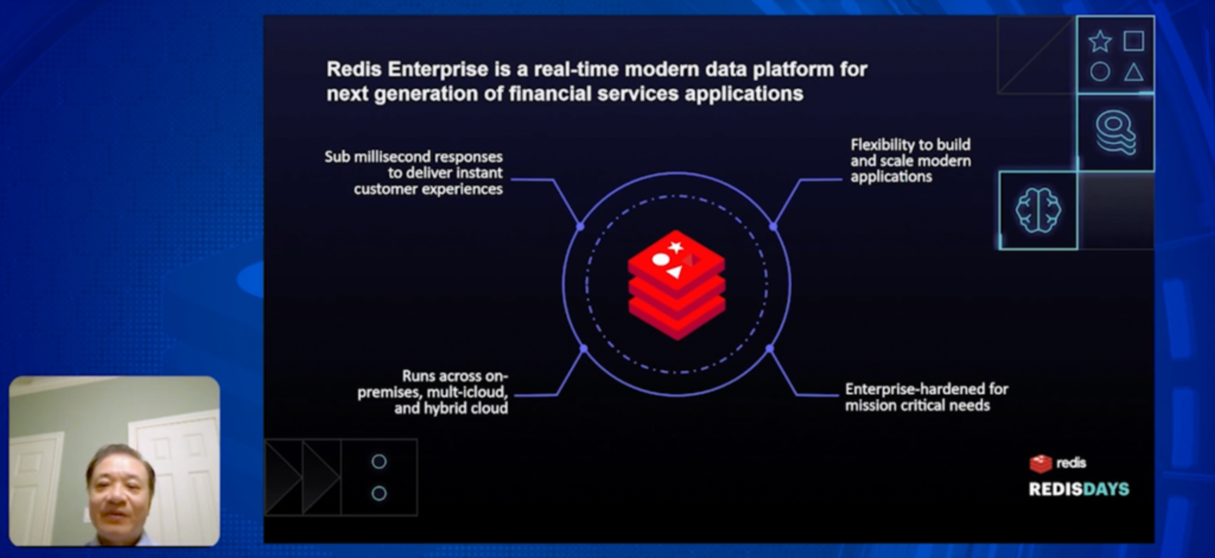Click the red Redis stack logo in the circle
click(x=676, y=285)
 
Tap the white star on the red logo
click(x=676, y=247)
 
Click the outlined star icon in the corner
click(x=1100, y=41)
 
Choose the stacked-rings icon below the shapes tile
click(x=1115, y=132)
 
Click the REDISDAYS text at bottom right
click(x=1079, y=489)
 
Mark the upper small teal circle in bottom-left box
click(x=379, y=462)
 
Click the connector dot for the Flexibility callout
click(x=773, y=226)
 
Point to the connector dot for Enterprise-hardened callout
click(x=770, y=348)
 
